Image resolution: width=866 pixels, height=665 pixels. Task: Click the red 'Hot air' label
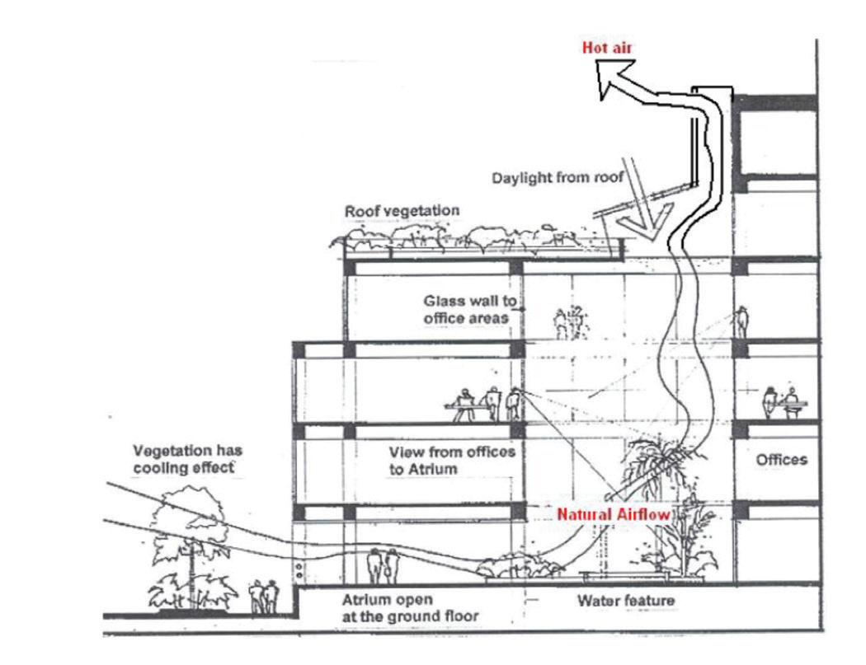[607, 46]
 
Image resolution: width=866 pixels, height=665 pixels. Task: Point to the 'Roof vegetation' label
[402, 212]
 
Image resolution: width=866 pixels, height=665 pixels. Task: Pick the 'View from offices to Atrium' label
[452, 460]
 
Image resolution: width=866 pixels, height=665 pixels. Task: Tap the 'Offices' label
[782, 460]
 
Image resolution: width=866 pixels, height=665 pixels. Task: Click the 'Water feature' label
[625, 600]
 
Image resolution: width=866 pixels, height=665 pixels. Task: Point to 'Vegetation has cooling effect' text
[188, 459]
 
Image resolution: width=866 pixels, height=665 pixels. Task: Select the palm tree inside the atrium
[660, 470]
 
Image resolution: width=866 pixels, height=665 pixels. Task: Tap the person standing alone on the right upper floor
[741, 321]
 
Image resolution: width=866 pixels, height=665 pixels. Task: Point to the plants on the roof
[478, 238]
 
